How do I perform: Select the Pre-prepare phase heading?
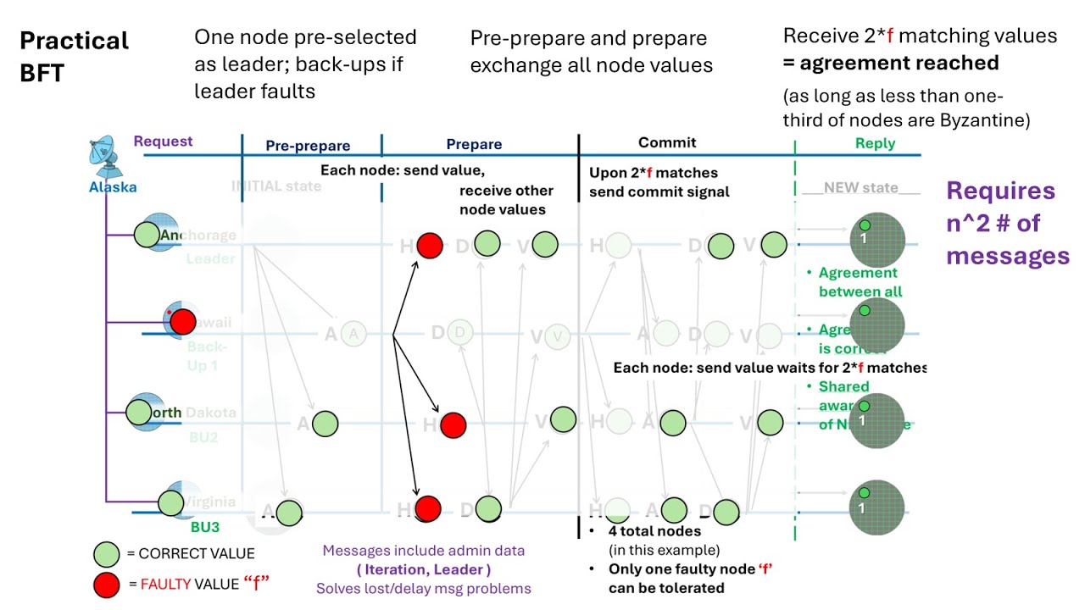[308, 146]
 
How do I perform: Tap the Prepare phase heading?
[474, 145]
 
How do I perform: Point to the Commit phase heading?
[667, 143]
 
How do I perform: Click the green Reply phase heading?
[875, 143]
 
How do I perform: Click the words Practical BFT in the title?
[74, 56]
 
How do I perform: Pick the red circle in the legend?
[107, 584]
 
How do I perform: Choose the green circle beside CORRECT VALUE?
[107, 554]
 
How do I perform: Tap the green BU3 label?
[205, 527]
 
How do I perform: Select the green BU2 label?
[203, 437]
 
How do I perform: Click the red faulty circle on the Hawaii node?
[182, 322]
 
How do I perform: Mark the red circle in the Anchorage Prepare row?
[430, 246]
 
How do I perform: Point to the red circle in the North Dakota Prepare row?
[453, 425]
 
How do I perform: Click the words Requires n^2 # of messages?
[1008, 223]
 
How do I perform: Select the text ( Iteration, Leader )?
[424, 569]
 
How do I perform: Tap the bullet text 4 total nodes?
[654, 532]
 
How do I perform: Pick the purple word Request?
[163, 141]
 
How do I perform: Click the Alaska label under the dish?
[113, 187]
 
